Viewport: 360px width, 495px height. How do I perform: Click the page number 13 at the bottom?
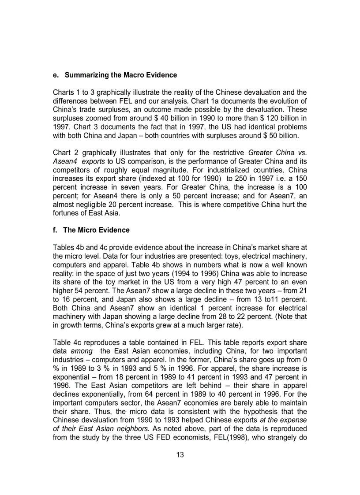180,455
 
